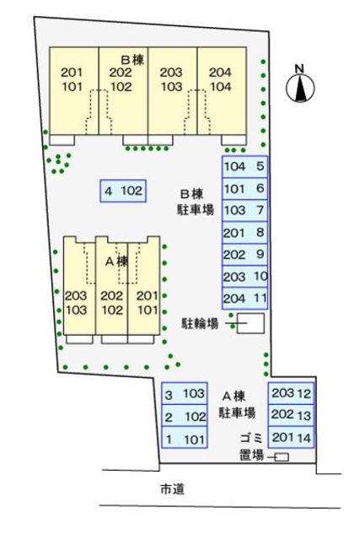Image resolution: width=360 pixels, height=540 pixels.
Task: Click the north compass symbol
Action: pyautogui.click(x=299, y=86)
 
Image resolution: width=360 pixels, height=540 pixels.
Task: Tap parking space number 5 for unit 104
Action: pyautogui.click(x=244, y=167)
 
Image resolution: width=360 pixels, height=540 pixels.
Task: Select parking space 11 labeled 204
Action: pyautogui.click(x=244, y=298)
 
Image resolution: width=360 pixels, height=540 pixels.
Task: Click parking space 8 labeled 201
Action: pyautogui.click(x=244, y=233)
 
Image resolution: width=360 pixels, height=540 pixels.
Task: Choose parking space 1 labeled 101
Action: pyautogui.click(x=185, y=439)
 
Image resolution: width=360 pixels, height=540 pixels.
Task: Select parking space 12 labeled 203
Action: pyautogui.click(x=292, y=393)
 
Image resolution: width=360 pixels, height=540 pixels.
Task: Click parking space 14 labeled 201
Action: pyautogui.click(x=292, y=437)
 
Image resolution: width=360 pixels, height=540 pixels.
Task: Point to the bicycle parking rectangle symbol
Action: pyautogui.click(x=250, y=323)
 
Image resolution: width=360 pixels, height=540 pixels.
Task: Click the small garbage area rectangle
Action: pyautogui.click(x=281, y=457)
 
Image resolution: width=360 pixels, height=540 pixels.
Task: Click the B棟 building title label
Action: pyautogui.click(x=133, y=59)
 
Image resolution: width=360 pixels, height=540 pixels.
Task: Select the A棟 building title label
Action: pyautogui.click(x=116, y=262)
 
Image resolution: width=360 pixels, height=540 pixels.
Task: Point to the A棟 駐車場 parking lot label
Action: pyautogui.click(x=237, y=404)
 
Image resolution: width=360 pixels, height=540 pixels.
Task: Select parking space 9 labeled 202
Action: pyautogui.click(x=244, y=255)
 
